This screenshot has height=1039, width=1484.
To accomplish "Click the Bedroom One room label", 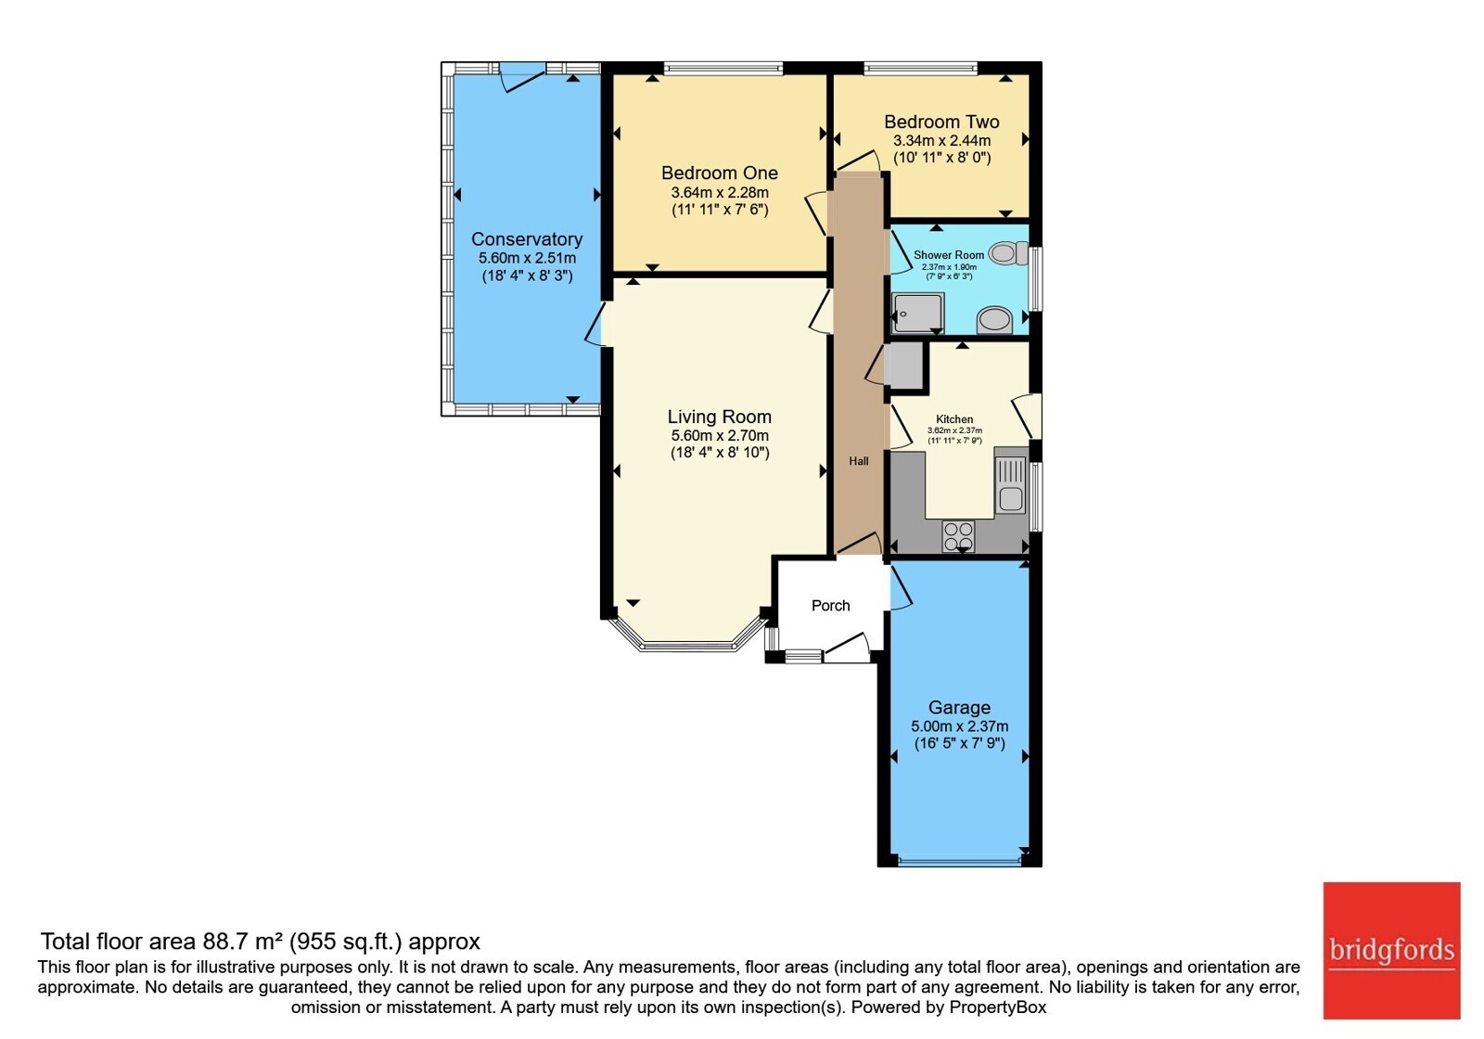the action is tap(720, 173).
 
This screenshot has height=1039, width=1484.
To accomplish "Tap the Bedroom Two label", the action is tap(941, 122).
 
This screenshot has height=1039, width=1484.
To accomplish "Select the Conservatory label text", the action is tap(527, 239).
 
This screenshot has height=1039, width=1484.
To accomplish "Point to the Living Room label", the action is tap(720, 417).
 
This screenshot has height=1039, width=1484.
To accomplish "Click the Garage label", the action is tap(959, 708).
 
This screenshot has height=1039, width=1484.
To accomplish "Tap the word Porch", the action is tap(831, 606).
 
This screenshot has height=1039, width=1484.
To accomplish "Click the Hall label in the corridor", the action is tap(859, 461).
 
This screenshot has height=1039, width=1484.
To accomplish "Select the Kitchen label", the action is tap(954, 419).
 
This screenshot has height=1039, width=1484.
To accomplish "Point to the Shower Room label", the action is tap(949, 255).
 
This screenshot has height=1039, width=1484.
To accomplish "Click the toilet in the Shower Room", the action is tap(1007, 253).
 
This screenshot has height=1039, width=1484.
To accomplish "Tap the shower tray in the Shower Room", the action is tap(917, 313).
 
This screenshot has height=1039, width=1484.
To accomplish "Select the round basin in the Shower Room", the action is tap(993, 320).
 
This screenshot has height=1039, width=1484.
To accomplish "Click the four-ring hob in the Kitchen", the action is tap(959, 536).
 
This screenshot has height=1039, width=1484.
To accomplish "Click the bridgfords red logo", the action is tap(1392, 950).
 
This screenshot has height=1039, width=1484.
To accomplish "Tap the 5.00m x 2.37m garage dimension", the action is tap(959, 726).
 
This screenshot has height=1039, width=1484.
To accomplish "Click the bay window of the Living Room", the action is tap(689, 639).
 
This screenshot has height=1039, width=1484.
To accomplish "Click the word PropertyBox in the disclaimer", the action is tap(998, 1007).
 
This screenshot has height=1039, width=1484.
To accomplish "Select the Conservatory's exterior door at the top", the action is tap(523, 77).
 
